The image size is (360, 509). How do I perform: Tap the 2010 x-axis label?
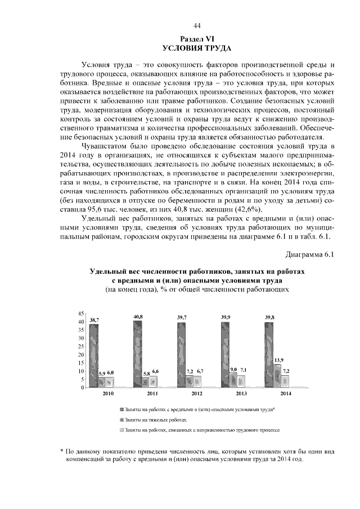[x=107, y=394]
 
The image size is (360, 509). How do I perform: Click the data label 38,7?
[x=93, y=319]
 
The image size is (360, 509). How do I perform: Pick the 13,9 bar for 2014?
[x=277, y=376]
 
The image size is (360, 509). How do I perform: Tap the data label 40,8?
[x=138, y=317]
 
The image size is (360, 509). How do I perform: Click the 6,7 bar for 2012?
[x=200, y=382]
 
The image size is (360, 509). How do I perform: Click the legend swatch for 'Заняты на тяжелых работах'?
[x=121, y=420]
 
